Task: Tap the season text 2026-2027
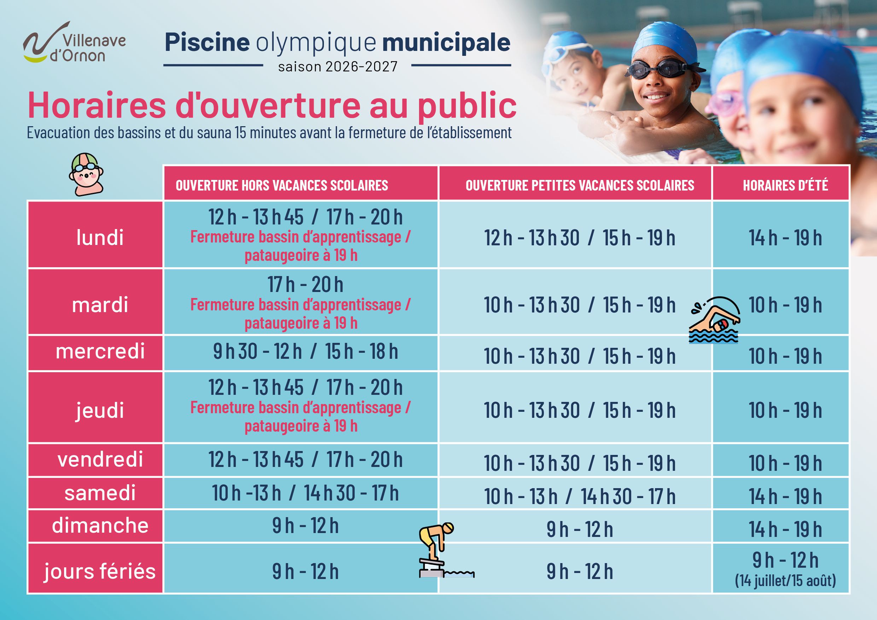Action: click(x=338, y=67)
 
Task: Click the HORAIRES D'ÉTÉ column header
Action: click(x=785, y=185)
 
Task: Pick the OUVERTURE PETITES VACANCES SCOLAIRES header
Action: click(x=580, y=185)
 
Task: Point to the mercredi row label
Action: click(x=100, y=351)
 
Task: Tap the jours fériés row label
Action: click(x=100, y=571)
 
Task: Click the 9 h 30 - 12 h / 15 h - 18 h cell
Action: click(x=305, y=351)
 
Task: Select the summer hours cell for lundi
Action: click(x=785, y=238)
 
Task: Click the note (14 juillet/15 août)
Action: click(x=785, y=580)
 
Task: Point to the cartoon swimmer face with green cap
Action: click(x=86, y=175)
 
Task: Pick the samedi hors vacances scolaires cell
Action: click(x=305, y=493)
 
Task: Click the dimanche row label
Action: click(x=100, y=526)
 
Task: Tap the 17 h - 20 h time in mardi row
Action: click(x=305, y=285)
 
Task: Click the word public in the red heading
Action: click(x=467, y=106)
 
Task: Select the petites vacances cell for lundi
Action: click(x=580, y=238)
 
